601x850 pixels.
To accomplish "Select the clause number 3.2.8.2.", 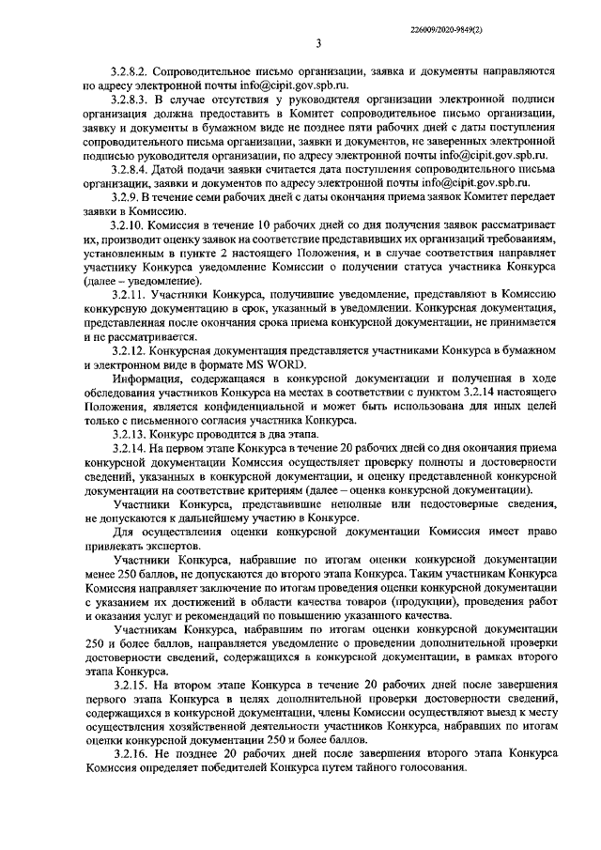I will [130, 70].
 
